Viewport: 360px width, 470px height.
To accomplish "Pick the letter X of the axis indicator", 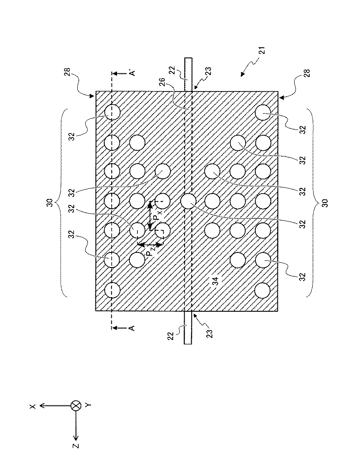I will [x=33, y=405].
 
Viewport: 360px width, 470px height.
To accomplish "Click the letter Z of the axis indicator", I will [x=76, y=446].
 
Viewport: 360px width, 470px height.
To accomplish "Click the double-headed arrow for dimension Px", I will [x=150, y=216].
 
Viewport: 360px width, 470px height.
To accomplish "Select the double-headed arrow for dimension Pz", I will [x=150, y=245].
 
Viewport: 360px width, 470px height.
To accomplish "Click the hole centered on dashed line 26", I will [x=188, y=202].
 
